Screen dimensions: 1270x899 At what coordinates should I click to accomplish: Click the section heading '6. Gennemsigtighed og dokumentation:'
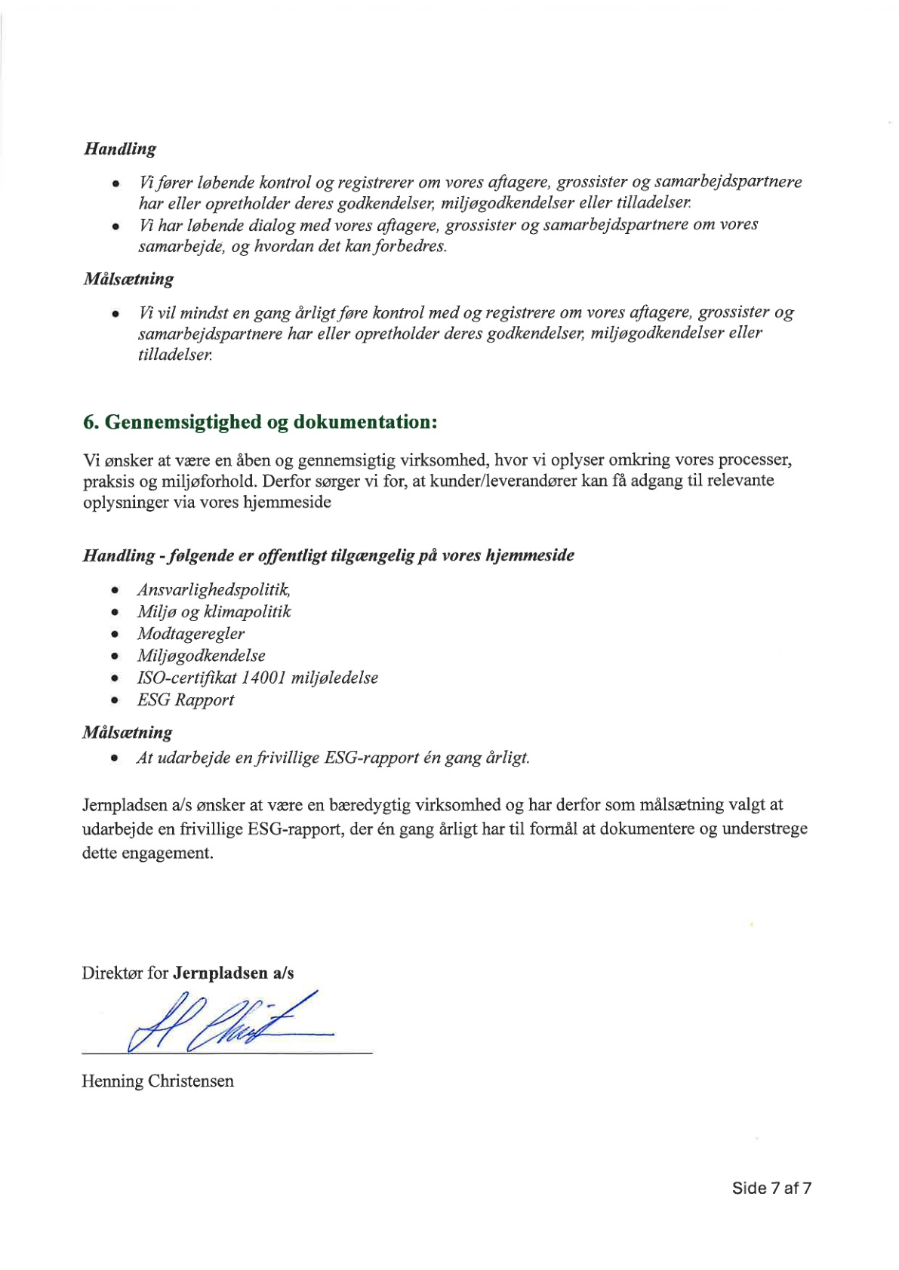pos(260,422)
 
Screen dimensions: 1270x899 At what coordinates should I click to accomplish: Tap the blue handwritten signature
pos(226,1022)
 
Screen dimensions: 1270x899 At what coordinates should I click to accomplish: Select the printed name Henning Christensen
pos(158,1081)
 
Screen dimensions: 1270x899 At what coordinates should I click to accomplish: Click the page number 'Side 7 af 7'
pos(771,1188)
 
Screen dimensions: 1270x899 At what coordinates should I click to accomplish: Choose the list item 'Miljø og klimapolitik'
pos(214,611)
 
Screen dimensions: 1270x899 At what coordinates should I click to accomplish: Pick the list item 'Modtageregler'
pos(191,634)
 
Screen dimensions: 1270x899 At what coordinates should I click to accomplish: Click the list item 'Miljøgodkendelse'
pos(202,656)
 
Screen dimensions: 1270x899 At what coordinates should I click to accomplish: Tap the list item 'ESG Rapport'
pos(186,700)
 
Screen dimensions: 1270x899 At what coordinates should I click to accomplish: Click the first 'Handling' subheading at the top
pos(120,149)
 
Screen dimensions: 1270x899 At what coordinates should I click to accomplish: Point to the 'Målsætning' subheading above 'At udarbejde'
pos(128,732)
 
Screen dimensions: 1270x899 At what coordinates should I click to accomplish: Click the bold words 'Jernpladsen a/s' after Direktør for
pos(233,973)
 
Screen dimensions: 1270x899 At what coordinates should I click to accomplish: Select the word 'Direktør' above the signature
pos(112,973)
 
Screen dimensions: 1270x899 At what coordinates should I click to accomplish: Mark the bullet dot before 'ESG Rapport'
pos(115,701)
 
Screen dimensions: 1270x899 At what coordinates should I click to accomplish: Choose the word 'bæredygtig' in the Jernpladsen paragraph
pos(368,805)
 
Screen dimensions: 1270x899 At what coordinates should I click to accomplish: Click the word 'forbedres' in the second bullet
pos(417,247)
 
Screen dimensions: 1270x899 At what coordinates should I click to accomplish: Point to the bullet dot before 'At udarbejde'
pos(115,758)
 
